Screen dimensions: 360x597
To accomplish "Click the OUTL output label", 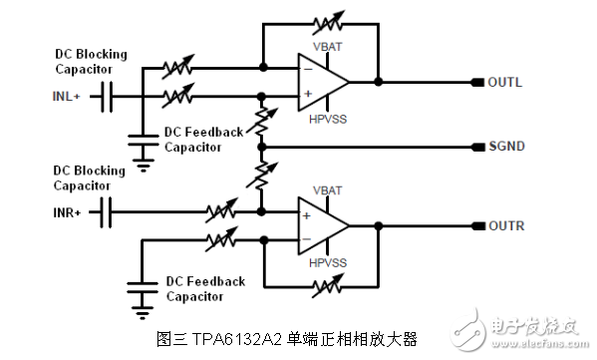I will coord(505,82).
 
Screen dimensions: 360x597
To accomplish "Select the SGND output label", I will coord(506,147).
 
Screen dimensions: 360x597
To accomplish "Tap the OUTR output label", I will coord(506,226).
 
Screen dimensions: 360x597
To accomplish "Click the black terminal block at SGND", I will coord(478,147).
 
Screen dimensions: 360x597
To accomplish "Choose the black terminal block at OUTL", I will coord(478,82).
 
